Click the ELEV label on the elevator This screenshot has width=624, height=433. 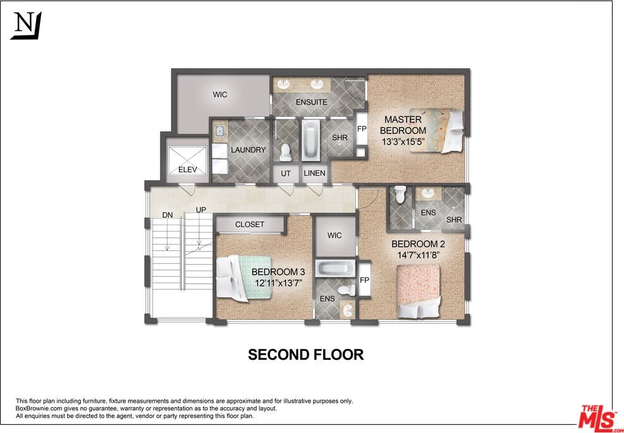[x=188, y=169]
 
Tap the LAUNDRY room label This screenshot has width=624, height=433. [x=248, y=150]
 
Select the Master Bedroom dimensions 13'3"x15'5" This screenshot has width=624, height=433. [x=403, y=142]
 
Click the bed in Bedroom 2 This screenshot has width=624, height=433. [x=418, y=290]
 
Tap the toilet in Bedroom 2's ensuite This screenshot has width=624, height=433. [x=400, y=194]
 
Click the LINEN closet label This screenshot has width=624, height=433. [x=314, y=173]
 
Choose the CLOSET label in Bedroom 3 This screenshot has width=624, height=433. [x=250, y=224]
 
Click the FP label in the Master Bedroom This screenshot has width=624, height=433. [x=362, y=128]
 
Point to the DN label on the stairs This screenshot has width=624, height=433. [x=168, y=215]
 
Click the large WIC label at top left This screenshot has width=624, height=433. [x=220, y=95]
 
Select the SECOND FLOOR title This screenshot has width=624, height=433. [x=305, y=355]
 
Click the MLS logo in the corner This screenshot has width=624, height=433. [x=599, y=417]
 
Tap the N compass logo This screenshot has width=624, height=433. [x=26, y=26]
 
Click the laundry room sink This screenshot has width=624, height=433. [x=219, y=132]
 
